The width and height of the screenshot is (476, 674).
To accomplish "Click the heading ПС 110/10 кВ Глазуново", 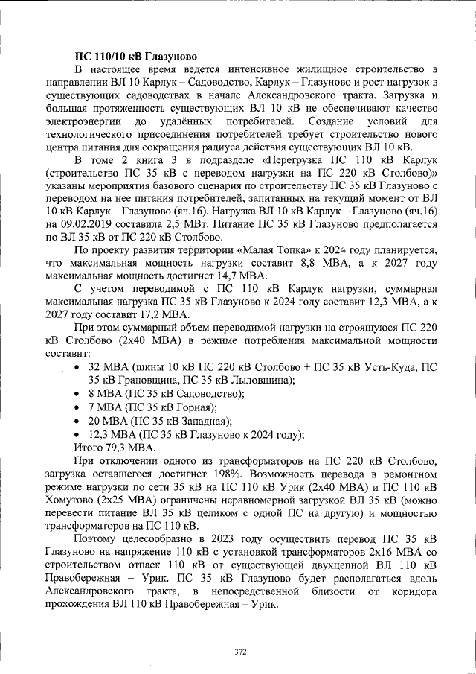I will click(135, 56).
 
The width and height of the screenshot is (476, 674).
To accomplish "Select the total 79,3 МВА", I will click(130, 448).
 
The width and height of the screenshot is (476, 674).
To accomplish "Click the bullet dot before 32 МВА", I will click(79, 368).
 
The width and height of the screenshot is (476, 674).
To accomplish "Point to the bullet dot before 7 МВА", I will click(79, 407).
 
